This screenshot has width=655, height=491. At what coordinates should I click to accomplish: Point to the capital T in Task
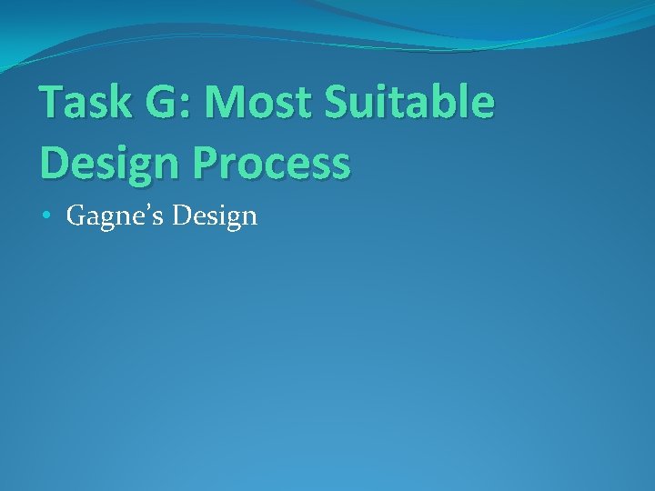[53, 103]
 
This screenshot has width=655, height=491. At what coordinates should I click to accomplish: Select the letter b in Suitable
[453, 103]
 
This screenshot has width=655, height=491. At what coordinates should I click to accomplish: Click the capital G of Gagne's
[76, 216]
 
